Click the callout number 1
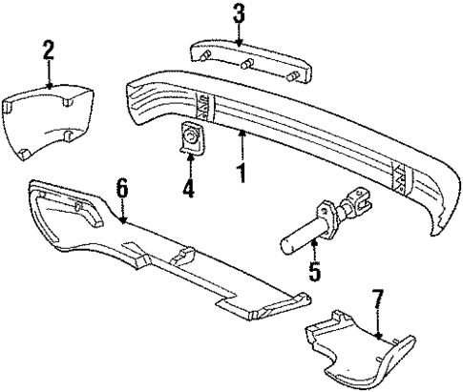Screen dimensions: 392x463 coord(242,174)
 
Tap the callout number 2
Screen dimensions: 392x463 coord(47,51)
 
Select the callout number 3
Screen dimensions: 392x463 coord(239,13)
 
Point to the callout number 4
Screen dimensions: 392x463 coord(189,190)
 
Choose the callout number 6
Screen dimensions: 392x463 coord(121,190)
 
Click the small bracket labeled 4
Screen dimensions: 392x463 coord(191,142)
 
